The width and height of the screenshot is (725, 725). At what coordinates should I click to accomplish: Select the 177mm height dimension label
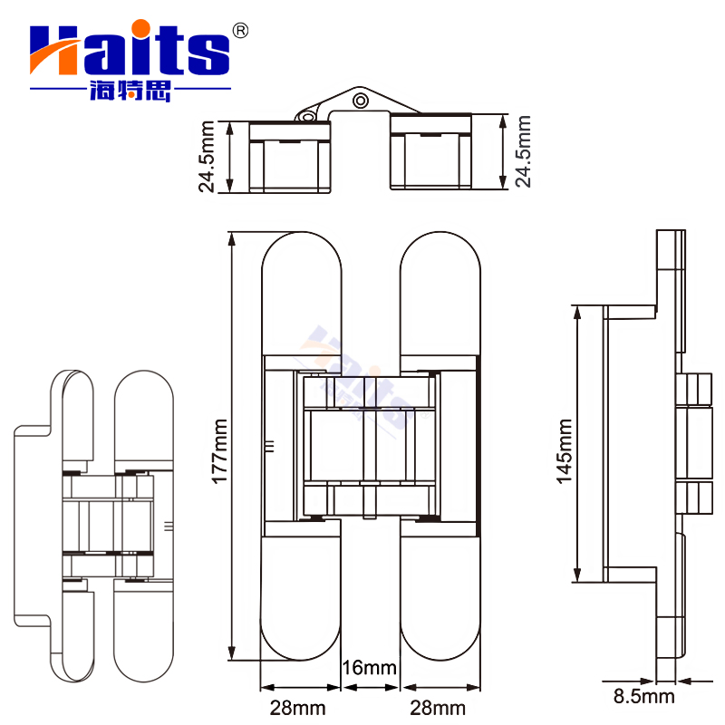pyautogui.click(x=218, y=449)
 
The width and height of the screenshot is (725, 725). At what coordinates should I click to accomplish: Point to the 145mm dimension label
pyautogui.click(x=564, y=450)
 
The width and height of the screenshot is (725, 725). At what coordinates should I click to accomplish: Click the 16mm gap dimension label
pyautogui.click(x=371, y=669)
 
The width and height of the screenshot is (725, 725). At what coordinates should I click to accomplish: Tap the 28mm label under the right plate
pyautogui.click(x=437, y=707)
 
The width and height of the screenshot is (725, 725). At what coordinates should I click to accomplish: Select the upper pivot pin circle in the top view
pyautogui.click(x=361, y=101)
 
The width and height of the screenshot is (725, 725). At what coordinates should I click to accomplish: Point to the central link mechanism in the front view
pyautogui.click(x=370, y=449)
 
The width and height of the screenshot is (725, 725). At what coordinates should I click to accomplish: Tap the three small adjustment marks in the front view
pyautogui.click(x=269, y=446)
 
